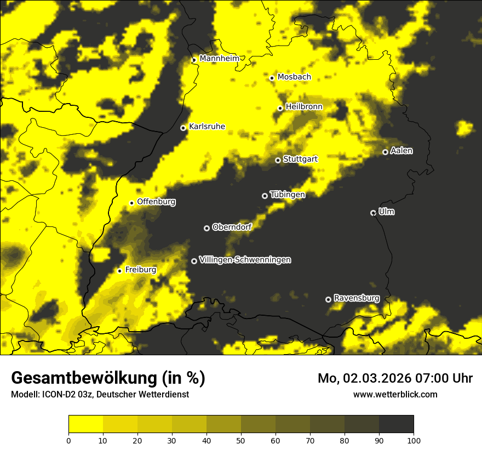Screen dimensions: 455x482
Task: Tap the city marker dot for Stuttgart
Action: click(278, 160)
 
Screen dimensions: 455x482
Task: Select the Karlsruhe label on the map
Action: click(207, 127)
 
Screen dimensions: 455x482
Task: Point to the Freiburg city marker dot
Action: click(119, 271)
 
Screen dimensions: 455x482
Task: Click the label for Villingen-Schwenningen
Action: click(245, 260)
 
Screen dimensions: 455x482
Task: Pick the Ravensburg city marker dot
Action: click(328, 299)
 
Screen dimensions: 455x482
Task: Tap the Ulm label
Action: click(387, 212)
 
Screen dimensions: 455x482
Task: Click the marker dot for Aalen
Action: click(385, 152)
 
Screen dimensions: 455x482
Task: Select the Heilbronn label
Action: click(304, 107)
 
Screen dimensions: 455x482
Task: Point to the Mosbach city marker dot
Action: click(272, 78)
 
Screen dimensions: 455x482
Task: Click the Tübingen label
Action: click(288, 195)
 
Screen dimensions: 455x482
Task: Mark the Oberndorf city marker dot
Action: click(206, 228)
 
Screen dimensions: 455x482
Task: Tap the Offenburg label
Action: click(156, 202)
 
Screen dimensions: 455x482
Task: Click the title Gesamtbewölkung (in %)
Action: click(108, 378)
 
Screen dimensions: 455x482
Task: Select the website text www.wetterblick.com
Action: click(395, 394)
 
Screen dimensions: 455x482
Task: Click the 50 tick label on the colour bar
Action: click(241, 440)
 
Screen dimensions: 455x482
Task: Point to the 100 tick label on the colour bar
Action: click(413, 440)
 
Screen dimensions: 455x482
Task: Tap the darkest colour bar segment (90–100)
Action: click(396, 424)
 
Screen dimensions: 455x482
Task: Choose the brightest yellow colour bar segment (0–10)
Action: click(86, 424)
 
